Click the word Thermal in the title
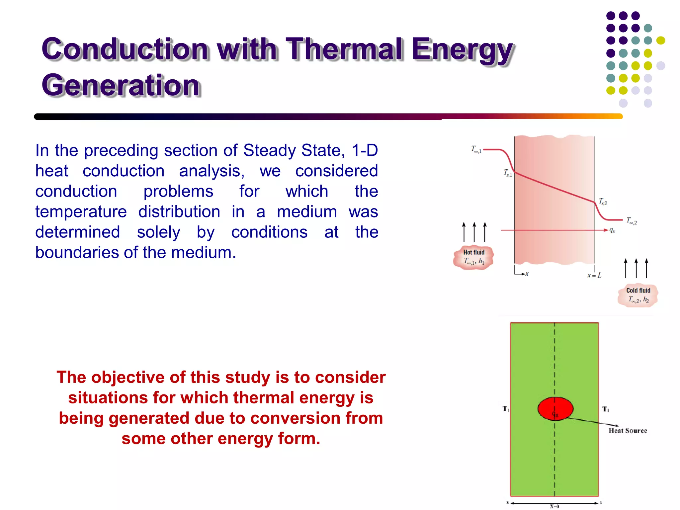pyautogui.click(x=345, y=49)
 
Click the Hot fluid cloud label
pyautogui.click(x=473, y=257)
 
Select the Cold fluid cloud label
pyautogui.click(x=638, y=295)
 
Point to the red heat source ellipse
pyautogui.click(x=555, y=408)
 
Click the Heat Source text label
pyautogui.click(x=628, y=430)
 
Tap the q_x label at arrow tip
pyautogui.click(x=612, y=230)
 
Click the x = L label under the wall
pyautogui.click(x=594, y=275)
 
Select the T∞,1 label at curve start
pyautogui.click(x=476, y=149)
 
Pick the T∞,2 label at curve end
pyautogui.click(x=632, y=220)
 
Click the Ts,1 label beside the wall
pyautogui.click(x=508, y=173)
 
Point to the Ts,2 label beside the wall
pyautogui.click(x=603, y=202)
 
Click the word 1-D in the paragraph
pyautogui.click(x=365, y=150)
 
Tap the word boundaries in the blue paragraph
pyautogui.click(x=78, y=253)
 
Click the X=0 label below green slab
pyautogui.click(x=554, y=506)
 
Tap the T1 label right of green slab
pyautogui.click(x=606, y=409)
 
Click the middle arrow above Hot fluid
pyautogui.click(x=474, y=231)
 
